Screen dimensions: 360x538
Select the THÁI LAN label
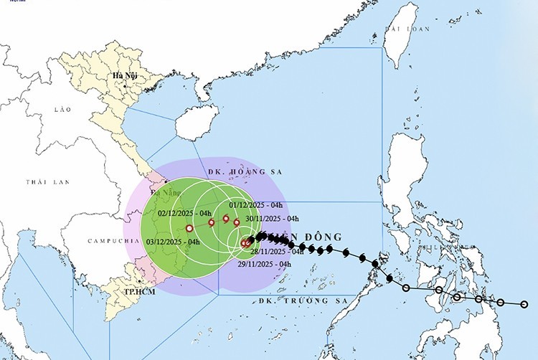(47, 182)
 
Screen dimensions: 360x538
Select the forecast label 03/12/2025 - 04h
(173, 242)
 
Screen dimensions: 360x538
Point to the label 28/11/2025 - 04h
(277, 252)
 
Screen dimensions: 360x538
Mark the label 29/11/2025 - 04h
(264, 264)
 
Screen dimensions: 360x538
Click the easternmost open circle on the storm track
(524, 304)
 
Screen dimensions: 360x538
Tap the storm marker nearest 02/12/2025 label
(212, 222)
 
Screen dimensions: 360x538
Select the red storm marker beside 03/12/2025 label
(189, 229)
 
